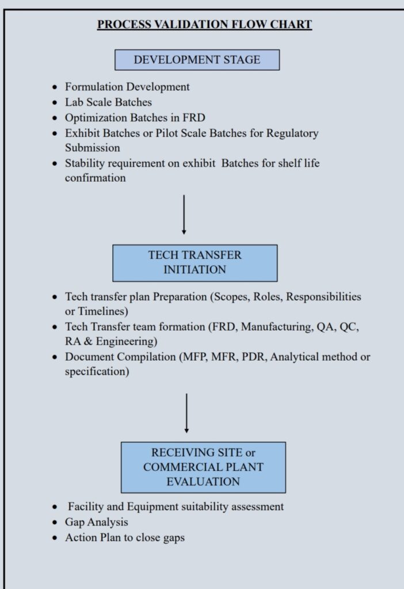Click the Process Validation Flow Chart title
click(x=204, y=24)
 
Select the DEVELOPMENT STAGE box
click(x=197, y=60)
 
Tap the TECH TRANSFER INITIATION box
click(x=195, y=262)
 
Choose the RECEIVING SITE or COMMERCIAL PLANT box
click(x=203, y=467)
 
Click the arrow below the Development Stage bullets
click(x=184, y=215)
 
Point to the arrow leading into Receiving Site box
click(x=186, y=412)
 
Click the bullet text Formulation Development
click(x=127, y=87)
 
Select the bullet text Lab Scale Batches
click(x=108, y=102)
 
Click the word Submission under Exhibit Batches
click(x=92, y=148)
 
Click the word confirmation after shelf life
click(x=95, y=178)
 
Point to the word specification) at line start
click(x=97, y=372)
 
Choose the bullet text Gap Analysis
click(x=97, y=522)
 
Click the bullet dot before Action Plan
click(x=54, y=538)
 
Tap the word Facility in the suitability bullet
click(x=86, y=507)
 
